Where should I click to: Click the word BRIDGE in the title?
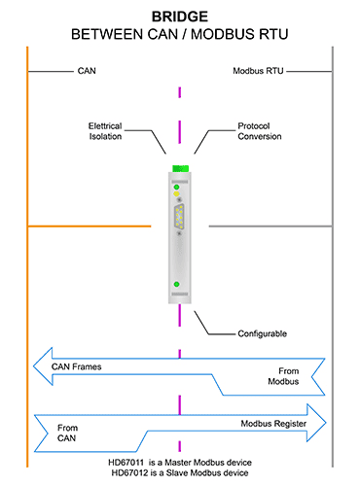tap(180, 17)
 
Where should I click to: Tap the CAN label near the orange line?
tap(87, 71)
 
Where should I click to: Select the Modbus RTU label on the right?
tap(258, 71)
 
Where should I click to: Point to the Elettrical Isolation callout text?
tap(105, 131)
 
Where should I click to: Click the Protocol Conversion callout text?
tap(260, 131)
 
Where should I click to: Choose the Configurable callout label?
tap(263, 333)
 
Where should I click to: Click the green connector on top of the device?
tap(180, 168)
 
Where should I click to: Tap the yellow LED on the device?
tap(176, 193)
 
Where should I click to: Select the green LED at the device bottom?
tap(176, 284)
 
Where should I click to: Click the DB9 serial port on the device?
tap(179, 215)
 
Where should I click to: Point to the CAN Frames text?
tap(77, 366)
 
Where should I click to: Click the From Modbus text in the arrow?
tap(283, 376)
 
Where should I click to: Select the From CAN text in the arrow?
tap(67, 433)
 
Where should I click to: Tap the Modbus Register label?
tap(273, 424)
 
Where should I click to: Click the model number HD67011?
tap(126, 463)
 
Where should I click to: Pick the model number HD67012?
tap(129, 473)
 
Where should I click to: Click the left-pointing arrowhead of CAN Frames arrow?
tap(34, 366)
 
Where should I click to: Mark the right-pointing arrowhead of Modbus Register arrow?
tap(326, 423)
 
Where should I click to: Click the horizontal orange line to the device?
tap(90, 226)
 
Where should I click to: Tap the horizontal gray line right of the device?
tap(270, 226)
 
